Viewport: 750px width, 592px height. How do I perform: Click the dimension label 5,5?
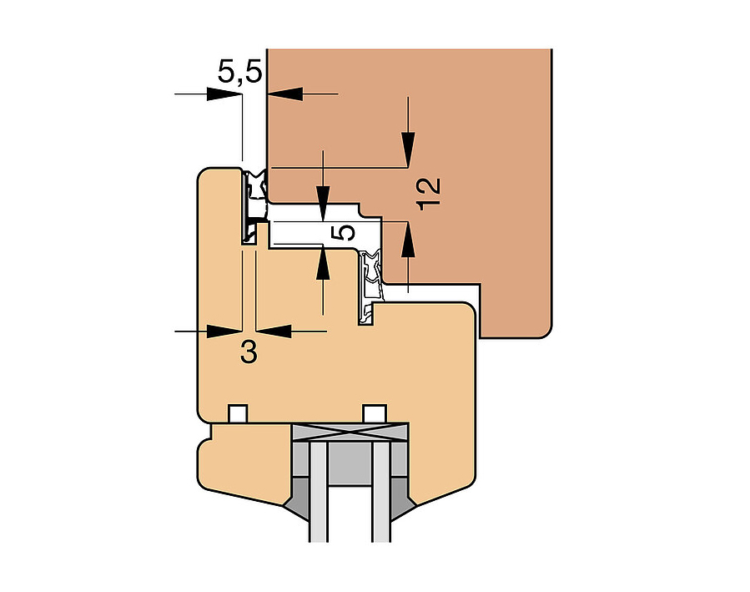coord(239,71)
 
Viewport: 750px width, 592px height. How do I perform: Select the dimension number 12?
coord(428,194)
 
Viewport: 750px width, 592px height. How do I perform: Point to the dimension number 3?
coord(249,352)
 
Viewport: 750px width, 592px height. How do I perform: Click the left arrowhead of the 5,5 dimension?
coord(224,94)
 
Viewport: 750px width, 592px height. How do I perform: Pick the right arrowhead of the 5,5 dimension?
coord(285,94)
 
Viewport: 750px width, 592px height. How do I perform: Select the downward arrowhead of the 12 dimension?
coord(408,149)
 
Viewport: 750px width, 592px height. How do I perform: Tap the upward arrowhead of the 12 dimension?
coord(408,240)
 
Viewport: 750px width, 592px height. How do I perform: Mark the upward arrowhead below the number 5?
coord(324,263)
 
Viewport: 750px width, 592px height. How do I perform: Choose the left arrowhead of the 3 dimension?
coord(224,331)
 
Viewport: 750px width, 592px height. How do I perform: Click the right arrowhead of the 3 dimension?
coord(274,331)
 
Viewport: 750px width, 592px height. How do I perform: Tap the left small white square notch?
coord(238,413)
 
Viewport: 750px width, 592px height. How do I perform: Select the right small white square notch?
coord(375,413)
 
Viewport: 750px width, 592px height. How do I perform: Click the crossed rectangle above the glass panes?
coord(350,433)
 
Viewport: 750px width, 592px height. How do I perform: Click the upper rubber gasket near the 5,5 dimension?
coord(254,205)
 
